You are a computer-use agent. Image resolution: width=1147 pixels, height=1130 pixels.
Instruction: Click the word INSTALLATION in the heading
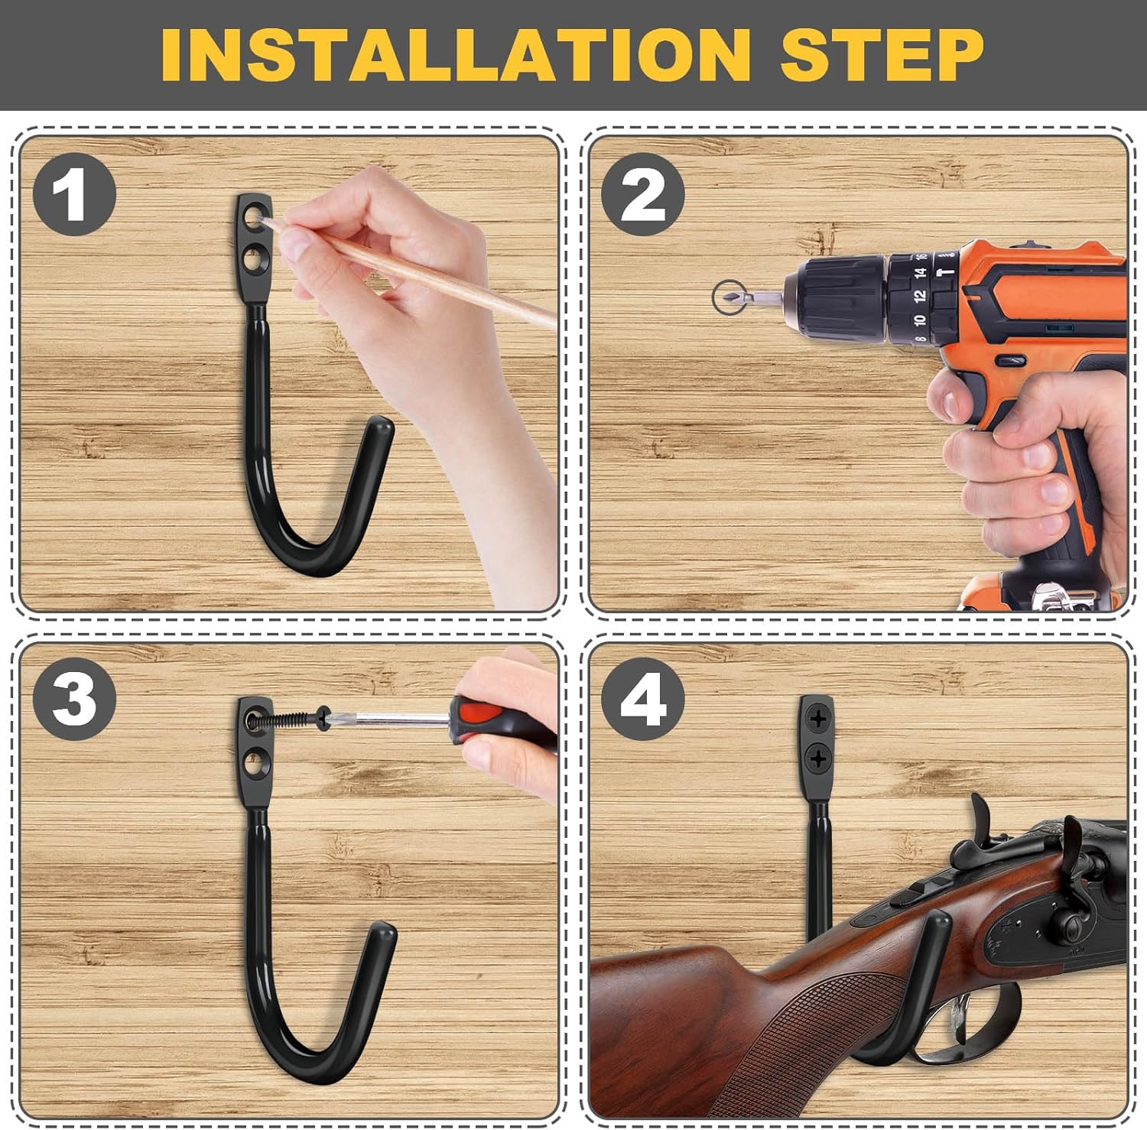tap(456, 55)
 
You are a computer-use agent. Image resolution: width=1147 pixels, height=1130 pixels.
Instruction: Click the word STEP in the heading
tap(882, 55)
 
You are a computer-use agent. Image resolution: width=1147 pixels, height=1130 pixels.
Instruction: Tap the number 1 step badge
tap(74, 194)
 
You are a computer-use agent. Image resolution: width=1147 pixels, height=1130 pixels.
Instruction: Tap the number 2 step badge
tap(642, 194)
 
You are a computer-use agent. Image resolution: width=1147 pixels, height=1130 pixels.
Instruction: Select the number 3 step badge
tap(74, 699)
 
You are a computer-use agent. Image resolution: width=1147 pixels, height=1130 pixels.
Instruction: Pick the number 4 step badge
tap(642, 699)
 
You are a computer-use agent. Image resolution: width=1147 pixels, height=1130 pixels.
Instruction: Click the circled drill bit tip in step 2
tap(727, 297)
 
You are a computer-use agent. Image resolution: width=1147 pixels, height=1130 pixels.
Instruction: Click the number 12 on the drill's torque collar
tap(919, 295)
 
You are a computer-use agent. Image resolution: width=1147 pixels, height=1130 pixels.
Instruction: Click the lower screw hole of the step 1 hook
tap(253, 261)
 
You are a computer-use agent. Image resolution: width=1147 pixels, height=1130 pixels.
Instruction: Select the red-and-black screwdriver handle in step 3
tap(489, 719)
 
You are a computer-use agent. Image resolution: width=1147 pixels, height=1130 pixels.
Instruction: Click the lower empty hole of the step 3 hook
tap(253, 762)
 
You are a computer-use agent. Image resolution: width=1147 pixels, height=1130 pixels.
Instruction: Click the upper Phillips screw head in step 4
tap(817, 719)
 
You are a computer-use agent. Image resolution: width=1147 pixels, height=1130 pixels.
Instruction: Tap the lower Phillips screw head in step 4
tap(817, 758)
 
